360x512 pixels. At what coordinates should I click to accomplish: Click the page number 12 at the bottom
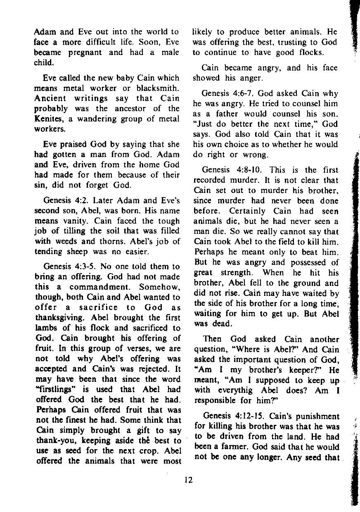coord(188,480)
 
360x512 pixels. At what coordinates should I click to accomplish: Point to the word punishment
coord(318,416)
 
